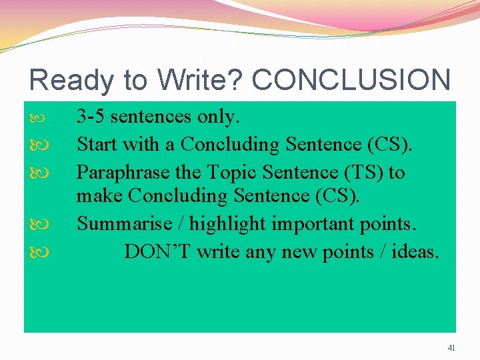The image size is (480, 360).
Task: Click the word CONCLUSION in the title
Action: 351,80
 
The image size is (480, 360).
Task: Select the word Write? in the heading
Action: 201,80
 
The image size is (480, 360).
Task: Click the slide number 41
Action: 451,347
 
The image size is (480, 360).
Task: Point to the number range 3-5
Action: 91,117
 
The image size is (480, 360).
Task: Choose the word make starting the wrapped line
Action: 100,197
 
